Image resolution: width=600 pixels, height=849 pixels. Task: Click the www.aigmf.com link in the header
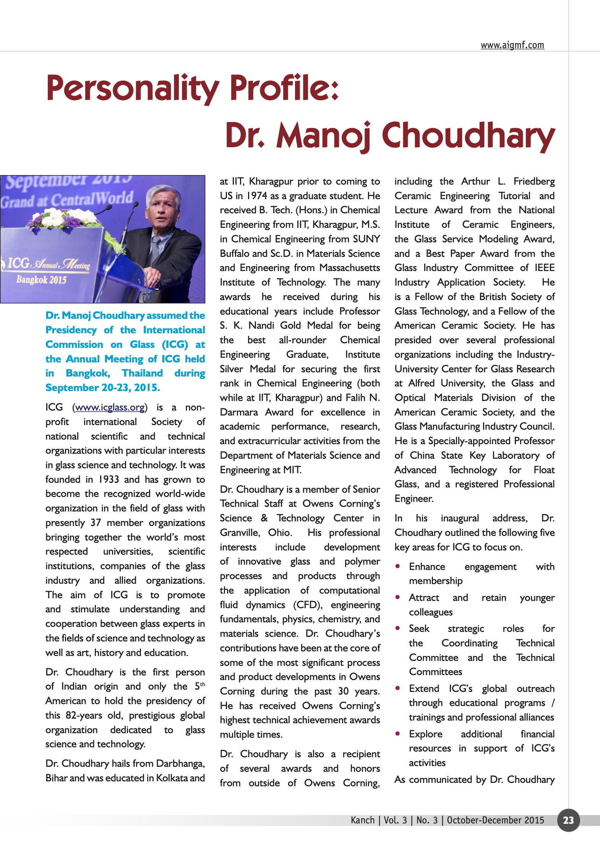pyautogui.click(x=512, y=45)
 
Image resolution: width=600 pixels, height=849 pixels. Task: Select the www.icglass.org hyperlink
pyautogui.click(x=110, y=407)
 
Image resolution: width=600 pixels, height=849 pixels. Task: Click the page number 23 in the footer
pyautogui.click(x=568, y=820)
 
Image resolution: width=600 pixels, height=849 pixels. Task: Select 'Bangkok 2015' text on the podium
pyautogui.click(x=41, y=280)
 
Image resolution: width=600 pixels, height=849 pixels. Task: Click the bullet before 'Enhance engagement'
pyautogui.click(x=398, y=566)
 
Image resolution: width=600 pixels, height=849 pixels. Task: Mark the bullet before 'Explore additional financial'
pyautogui.click(x=398, y=734)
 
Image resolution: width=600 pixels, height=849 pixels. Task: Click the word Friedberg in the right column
pyautogui.click(x=534, y=182)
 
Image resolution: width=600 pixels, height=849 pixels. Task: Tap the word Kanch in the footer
pyautogui.click(x=362, y=820)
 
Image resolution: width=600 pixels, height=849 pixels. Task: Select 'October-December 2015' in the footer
pyautogui.click(x=495, y=820)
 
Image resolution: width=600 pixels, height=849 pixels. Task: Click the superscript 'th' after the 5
pyautogui.click(x=203, y=684)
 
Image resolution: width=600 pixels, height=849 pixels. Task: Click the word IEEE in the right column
pyautogui.click(x=545, y=268)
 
